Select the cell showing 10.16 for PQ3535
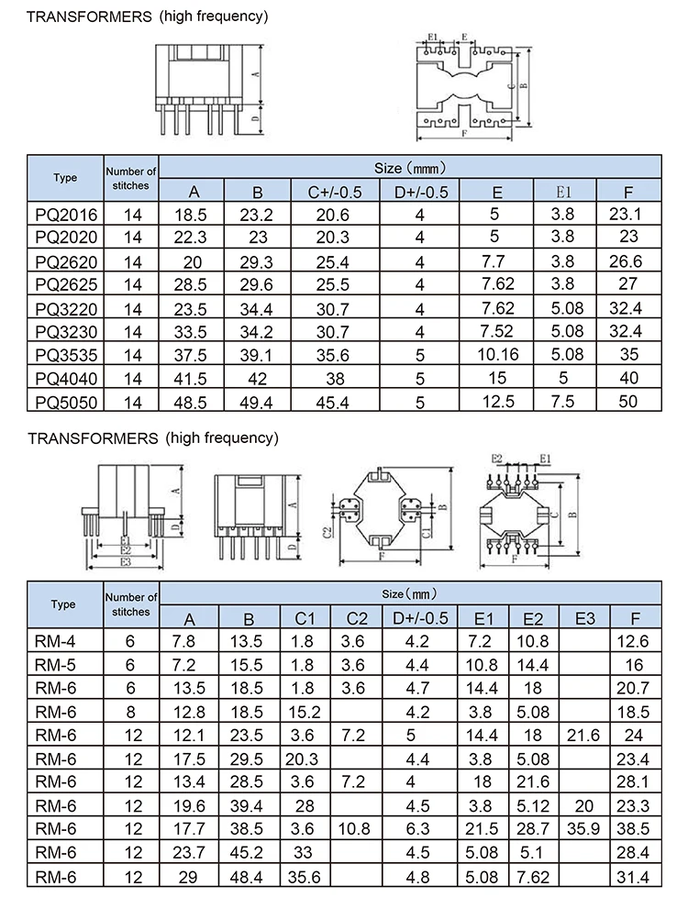click(x=496, y=355)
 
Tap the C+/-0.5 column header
click(x=333, y=192)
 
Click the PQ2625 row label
click(x=64, y=283)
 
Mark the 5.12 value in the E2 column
click(x=533, y=806)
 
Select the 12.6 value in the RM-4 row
click(x=634, y=642)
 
